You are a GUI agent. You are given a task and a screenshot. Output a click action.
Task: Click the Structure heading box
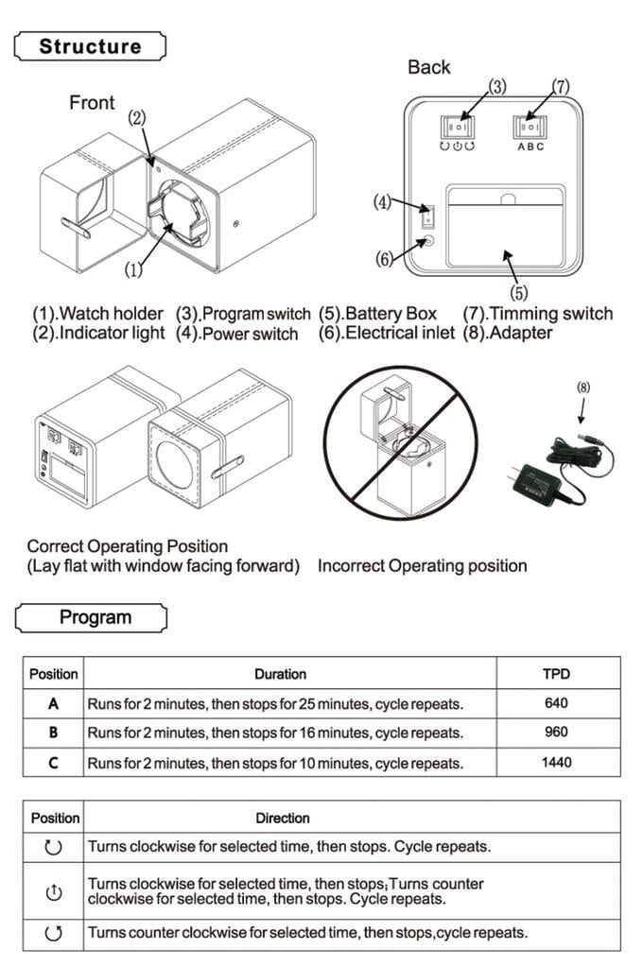point(91,46)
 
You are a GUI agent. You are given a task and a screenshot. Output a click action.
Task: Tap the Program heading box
point(92,618)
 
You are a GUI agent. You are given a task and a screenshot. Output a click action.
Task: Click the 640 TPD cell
point(557,703)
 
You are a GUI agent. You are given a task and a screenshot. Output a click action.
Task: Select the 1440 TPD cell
point(557,762)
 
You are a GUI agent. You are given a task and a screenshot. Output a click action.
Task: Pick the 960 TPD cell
point(557,733)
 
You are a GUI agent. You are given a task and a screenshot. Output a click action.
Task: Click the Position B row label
point(53,733)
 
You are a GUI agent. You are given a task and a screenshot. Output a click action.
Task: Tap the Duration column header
point(280,674)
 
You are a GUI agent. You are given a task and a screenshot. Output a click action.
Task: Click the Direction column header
point(282,818)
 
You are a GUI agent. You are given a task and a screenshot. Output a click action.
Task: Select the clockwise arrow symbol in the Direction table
point(53,848)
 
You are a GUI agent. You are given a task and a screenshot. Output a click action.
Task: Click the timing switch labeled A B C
point(530,128)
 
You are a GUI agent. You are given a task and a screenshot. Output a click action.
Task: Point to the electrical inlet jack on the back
point(427,241)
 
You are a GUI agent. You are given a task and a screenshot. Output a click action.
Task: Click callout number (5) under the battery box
point(519,293)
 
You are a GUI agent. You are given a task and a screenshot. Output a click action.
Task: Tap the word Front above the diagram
point(92,102)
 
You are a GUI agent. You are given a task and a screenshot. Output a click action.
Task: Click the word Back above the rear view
point(429,67)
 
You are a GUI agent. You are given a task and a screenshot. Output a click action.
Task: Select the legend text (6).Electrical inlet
point(387,333)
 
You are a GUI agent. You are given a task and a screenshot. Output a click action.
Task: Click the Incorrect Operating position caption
point(422,566)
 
